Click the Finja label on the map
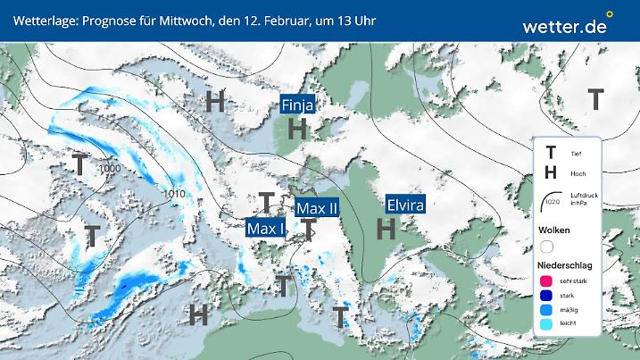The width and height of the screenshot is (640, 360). (297, 105)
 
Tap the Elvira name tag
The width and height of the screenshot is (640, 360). (404, 205)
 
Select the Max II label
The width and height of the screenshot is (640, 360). (318, 208)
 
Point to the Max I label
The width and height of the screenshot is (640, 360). (265, 229)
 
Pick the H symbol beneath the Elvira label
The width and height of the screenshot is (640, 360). (386, 229)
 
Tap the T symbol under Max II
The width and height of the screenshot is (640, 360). (308, 230)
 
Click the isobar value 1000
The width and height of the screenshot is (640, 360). (111, 169)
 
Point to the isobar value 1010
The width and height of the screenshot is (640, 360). (176, 194)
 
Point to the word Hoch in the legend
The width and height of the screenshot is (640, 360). (577, 173)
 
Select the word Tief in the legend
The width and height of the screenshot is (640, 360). (576, 154)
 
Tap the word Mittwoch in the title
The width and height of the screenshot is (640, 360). (183, 20)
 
